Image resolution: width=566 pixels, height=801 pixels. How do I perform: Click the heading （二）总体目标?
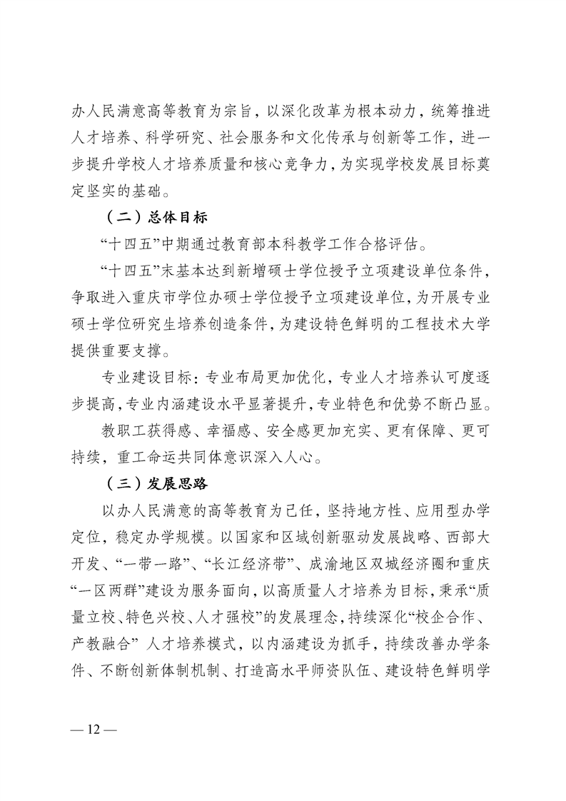point(153,217)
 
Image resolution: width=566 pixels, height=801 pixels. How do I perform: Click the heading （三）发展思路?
point(153,483)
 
